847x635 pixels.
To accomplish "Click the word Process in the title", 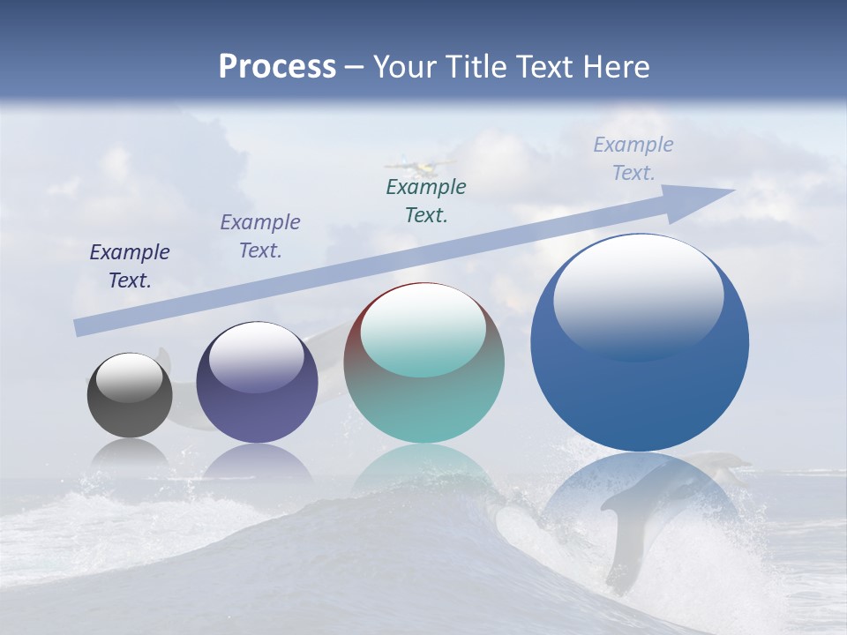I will coord(277,66).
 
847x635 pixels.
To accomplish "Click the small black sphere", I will coord(130,396).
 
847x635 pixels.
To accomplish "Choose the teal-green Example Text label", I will coord(426,200).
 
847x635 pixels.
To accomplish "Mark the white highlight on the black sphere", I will coord(130,377).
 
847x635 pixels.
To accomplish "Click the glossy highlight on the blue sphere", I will coord(639,291).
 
